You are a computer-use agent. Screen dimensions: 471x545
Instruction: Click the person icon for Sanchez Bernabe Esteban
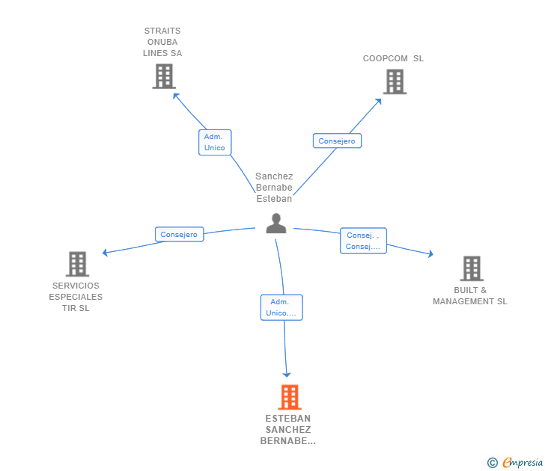[x=276, y=224]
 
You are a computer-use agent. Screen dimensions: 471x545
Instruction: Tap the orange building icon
[x=290, y=397]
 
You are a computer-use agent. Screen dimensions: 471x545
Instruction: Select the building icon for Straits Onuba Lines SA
[x=163, y=76]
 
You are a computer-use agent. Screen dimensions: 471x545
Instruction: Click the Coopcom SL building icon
[x=395, y=81]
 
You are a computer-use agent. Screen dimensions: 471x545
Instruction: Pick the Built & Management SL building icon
[x=471, y=268]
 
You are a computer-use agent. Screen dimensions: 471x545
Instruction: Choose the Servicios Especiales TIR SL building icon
[x=77, y=264]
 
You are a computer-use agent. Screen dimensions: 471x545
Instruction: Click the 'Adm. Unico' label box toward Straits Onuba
[x=215, y=142]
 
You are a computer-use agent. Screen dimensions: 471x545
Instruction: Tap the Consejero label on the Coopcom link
[x=336, y=141]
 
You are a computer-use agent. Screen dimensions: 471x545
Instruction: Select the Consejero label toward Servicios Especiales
[x=179, y=235]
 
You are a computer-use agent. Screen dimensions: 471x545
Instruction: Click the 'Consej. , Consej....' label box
[x=363, y=241]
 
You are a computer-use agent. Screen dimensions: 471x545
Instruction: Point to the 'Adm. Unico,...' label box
[x=281, y=307]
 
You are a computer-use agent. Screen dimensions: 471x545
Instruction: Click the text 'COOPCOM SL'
[x=393, y=58]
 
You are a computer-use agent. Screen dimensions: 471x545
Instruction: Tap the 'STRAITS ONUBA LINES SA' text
[x=162, y=42]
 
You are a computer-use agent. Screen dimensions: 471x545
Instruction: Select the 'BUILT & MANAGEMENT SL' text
[x=470, y=296]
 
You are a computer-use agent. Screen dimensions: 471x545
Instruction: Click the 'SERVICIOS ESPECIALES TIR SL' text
[x=76, y=297]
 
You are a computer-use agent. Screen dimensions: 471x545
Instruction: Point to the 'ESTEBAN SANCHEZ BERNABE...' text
[x=288, y=430]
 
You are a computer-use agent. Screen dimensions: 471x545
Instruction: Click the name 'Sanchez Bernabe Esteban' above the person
[x=274, y=188]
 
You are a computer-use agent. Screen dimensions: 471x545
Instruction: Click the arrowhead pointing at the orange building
[x=286, y=374]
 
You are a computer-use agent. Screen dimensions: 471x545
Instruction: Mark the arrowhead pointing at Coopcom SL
[x=379, y=101]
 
